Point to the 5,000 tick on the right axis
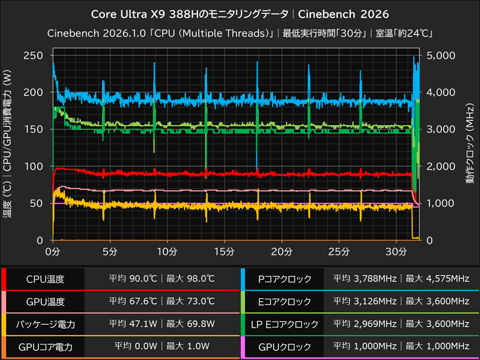(440, 55)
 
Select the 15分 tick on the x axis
(224, 250)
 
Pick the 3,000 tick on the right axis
(440, 129)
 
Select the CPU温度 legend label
(45, 279)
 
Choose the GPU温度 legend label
(45, 301)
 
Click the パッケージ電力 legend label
(45, 324)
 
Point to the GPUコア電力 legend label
(45, 346)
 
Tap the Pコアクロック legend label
(284, 279)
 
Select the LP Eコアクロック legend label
(284, 324)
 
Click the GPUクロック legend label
(284, 346)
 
